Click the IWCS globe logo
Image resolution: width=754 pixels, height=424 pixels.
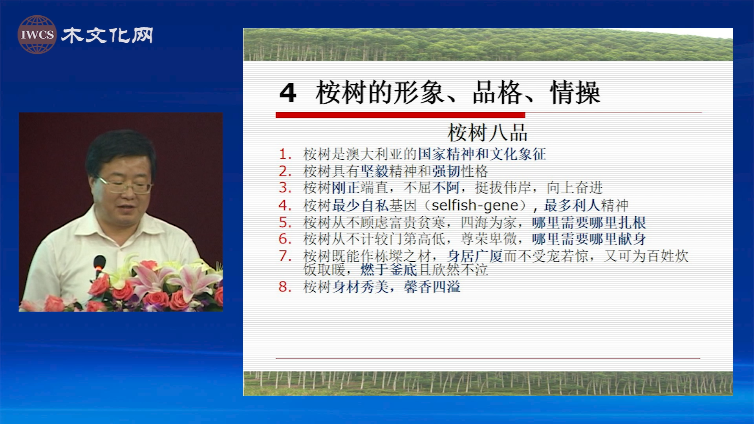pos(37,35)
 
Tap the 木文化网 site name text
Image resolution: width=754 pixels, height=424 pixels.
pos(107,35)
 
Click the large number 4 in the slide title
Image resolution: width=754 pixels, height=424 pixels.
pos(288,93)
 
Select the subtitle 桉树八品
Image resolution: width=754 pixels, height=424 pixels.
pos(487,133)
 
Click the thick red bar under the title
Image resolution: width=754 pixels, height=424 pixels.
pos(400,115)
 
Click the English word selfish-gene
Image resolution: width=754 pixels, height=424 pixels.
pos(475,205)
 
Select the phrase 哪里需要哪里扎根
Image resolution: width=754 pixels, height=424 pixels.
pos(589,223)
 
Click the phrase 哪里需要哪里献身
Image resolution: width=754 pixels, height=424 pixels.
pos(589,239)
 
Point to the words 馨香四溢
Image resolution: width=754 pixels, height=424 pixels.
pos(432,287)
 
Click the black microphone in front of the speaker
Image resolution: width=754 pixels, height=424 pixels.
pos(99,263)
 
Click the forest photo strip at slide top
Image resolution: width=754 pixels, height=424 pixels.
pos(488,44)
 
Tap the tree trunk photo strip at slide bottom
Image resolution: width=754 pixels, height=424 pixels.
pos(488,383)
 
